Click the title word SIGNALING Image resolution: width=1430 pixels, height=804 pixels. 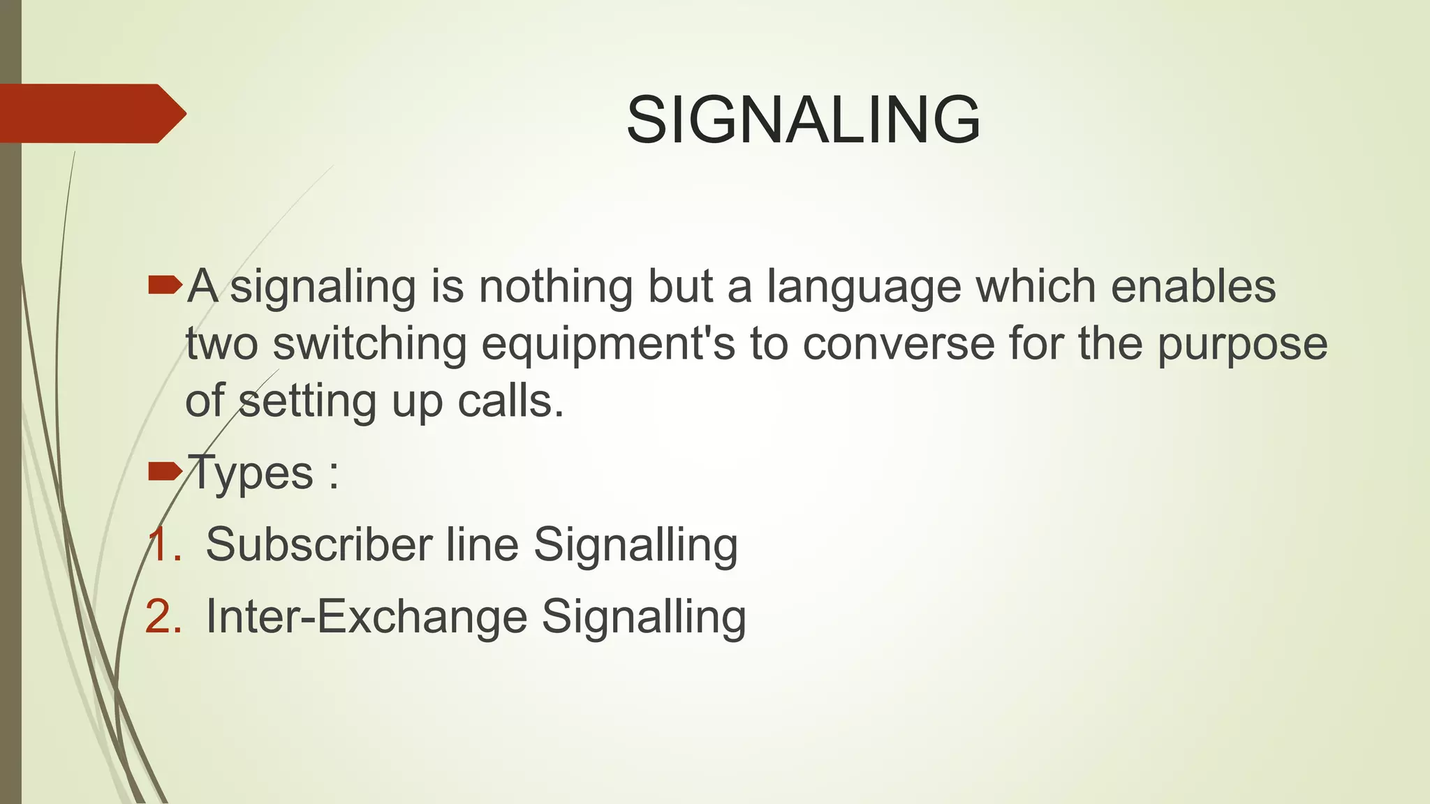pos(803,120)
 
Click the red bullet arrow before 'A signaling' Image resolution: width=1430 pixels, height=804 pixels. pos(165,285)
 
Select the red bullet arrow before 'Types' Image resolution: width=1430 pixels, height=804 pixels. pos(165,472)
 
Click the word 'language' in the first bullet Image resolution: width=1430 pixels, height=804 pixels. pos(863,288)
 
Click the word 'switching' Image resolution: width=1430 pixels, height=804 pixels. pos(369,345)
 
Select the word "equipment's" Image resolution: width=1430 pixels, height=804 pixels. pos(608,345)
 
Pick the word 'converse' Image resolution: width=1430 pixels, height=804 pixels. pos(899,345)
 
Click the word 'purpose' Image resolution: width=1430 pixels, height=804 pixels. pos(1242,345)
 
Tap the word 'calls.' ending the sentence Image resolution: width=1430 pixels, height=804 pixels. pos(510,402)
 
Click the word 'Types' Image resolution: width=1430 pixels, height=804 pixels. pos(251,473)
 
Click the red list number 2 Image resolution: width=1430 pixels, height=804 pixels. pos(163,617)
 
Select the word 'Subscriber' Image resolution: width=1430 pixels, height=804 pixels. pos(318,544)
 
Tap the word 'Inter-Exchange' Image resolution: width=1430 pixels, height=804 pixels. pos(367,617)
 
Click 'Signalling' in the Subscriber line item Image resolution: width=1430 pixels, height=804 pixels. pos(635,546)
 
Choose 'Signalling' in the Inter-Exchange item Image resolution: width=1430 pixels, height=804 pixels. pos(644,618)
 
